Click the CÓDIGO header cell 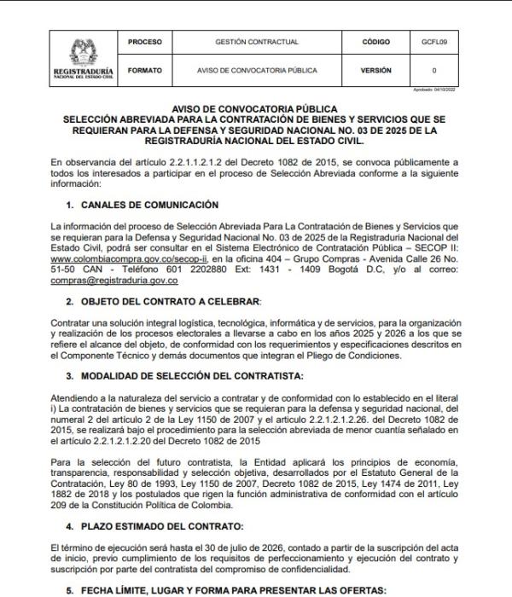point(375,41)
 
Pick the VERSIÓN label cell point(375,71)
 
